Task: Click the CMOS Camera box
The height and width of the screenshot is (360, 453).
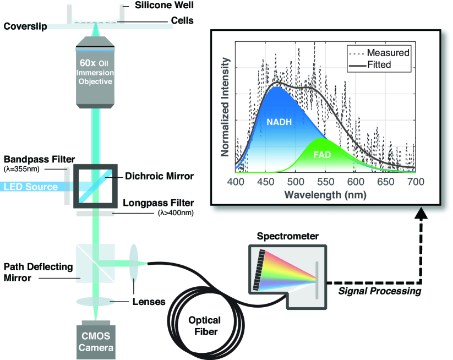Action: [96, 342]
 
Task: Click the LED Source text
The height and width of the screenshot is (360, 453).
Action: [30, 187]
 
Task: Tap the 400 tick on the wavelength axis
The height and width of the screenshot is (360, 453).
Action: [236, 181]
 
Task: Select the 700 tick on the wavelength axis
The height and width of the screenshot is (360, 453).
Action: [416, 181]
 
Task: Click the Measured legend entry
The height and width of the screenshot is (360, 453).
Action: [387, 53]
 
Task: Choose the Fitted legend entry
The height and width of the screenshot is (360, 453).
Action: [380, 64]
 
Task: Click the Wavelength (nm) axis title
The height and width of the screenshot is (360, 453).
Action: [325, 194]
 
